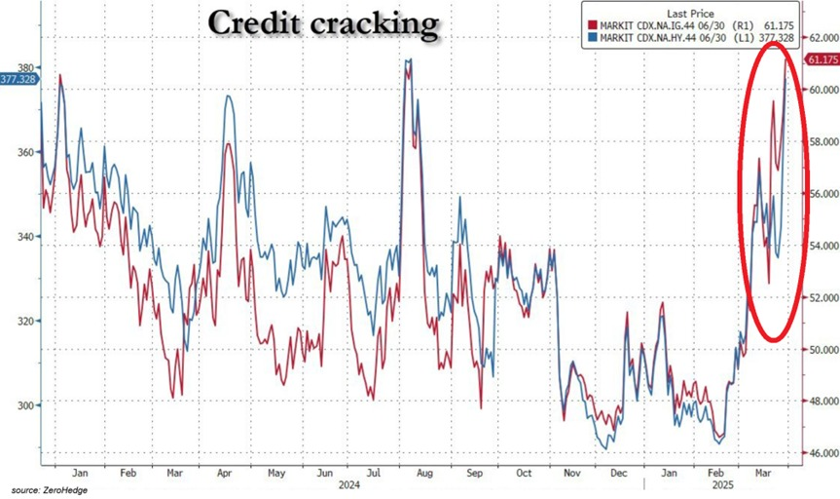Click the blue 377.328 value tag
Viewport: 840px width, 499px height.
click(18, 79)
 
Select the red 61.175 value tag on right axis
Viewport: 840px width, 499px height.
click(821, 59)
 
